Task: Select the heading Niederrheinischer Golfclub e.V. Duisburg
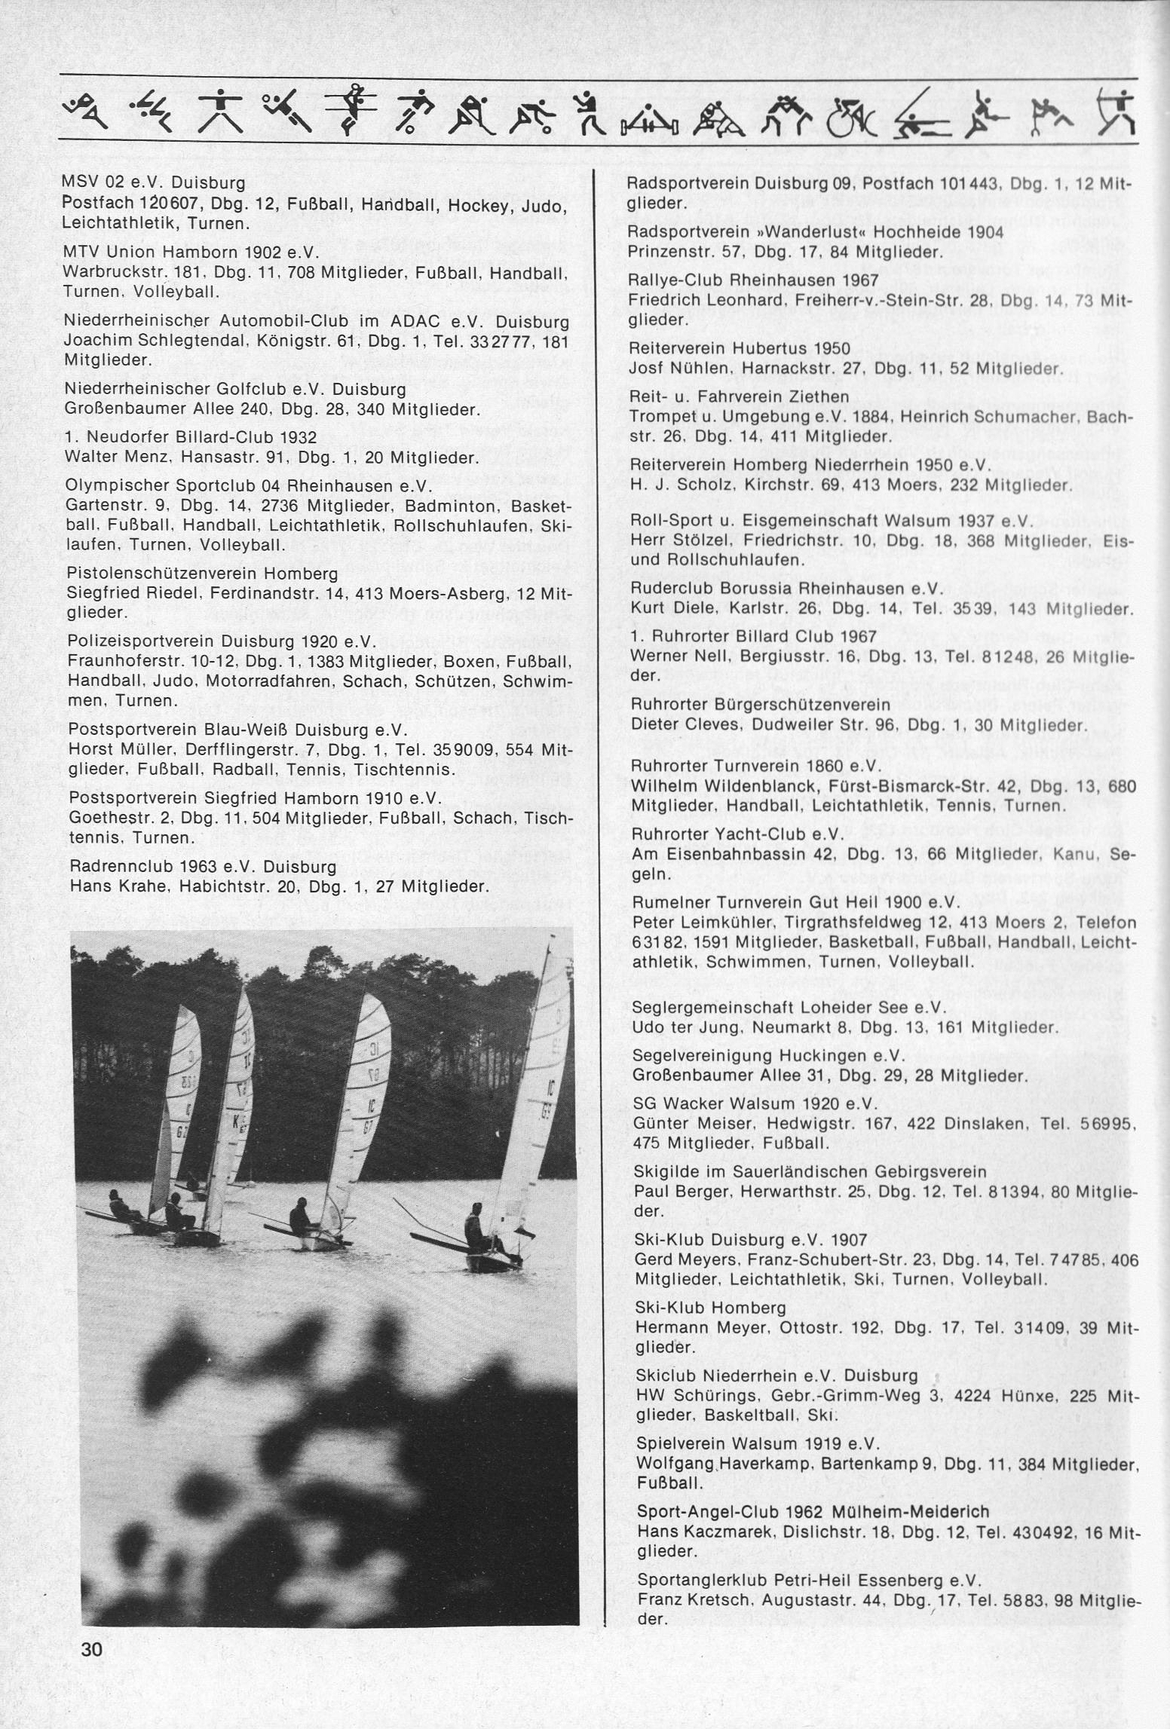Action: coord(236,390)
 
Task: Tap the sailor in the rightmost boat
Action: coord(474,1226)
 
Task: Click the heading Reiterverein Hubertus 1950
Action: coord(739,349)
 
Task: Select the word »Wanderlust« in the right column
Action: coord(768,231)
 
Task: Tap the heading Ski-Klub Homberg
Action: coord(711,1308)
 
